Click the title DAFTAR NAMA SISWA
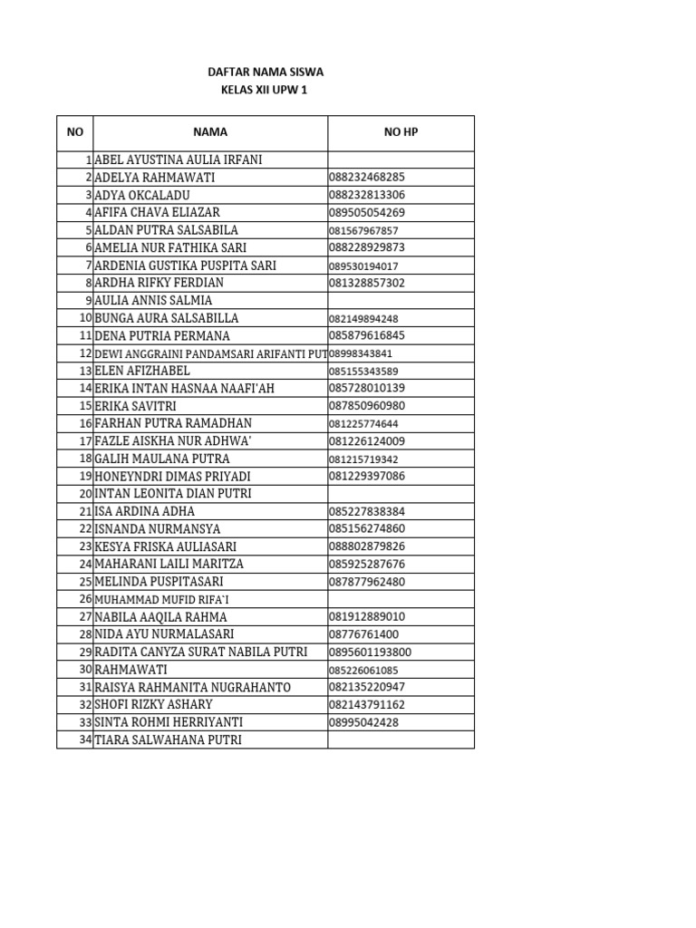coord(265,72)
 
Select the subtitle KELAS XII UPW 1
coord(265,90)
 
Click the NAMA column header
coord(209,132)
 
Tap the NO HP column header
coord(401,132)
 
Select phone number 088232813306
coord(367,195)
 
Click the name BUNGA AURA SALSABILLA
coord(167,318)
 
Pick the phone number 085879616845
coord(367,335)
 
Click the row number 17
coord(86,441)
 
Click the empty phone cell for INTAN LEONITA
coord(401,494)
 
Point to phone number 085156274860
coord(367,528)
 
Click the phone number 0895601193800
coord(371,652)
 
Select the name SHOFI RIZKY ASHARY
coord(154,704)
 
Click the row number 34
coord(86,739)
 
